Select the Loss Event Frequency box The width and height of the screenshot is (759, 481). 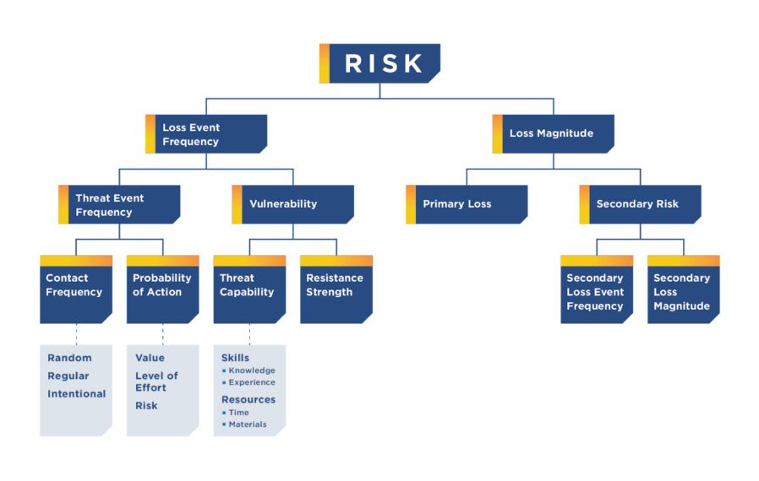pyautogui.click(x=207, y=134)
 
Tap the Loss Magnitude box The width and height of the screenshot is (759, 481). pyautogui.click(x=554, y=133)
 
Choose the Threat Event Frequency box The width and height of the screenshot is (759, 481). pyautogui.click(x=120, y=205)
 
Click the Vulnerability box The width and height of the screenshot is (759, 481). pyautogui.click(x=293, y=204)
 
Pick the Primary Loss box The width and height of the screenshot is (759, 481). pyautogui.click(x=467, y=204)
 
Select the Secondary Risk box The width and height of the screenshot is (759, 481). pyautogui.click(x=641, y=204)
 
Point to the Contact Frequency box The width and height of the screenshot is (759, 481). pyautogui.click(x=75, y=289)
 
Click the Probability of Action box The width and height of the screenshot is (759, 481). pyautogui.click(x=162, y=289)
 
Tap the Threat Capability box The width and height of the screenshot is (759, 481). pyautogui.click(x=249, y=289)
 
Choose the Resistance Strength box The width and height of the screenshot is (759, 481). pyautogui.click(x=336, y=289)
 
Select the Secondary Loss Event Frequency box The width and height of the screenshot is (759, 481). pyautogui.click(x=597, y=292)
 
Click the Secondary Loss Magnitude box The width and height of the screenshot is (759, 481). pyautogui.click(x=683, y=292)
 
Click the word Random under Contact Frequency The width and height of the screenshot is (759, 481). pyautogui.click(x=69, y=358)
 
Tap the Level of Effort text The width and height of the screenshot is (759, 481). pyautogui.click(x=156, y=381)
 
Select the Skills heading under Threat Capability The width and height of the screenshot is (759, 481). pyautogui.click(x=235, y=358)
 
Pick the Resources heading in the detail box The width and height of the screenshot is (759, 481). pyautogui.click(x=248, y=399)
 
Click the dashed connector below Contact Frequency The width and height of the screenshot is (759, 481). pyautogui.click(x=76, y=333)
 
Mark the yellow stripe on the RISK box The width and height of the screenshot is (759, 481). pyautogui.click(x=324, y=63)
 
